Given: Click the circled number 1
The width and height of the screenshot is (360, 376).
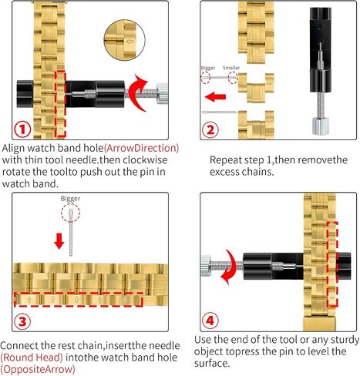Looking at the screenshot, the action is [22, 129].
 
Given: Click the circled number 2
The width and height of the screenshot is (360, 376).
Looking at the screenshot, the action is [210, 129].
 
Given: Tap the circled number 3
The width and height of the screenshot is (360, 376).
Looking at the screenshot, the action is [22, 321].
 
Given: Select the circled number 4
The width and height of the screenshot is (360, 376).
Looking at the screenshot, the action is [210, 321].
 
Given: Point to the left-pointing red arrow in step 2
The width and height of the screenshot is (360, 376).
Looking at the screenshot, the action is [215, 97].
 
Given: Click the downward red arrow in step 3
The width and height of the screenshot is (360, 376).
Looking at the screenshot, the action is [59, 241].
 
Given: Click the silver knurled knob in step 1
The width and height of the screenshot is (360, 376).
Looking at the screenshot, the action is [162, 93].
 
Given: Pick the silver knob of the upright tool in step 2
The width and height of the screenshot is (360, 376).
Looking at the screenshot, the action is [320, 126].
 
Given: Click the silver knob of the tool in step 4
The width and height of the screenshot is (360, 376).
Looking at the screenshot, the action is [206, 266].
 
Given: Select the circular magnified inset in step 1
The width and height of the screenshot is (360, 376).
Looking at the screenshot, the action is [124, 40].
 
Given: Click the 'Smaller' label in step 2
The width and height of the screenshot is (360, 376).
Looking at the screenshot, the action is [231, 68].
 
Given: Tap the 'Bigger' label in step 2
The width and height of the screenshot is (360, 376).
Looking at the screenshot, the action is [208, 68].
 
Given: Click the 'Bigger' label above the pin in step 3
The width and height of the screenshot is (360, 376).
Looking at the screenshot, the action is [70, 199].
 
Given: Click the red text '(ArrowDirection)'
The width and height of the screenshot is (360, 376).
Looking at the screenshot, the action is [141, 148].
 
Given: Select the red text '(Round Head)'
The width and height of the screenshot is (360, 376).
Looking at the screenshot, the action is [32, 358].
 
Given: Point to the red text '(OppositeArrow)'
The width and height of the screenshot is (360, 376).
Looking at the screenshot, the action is [38, 369].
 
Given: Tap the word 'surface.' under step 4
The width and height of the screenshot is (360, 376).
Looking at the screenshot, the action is [212, 364].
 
